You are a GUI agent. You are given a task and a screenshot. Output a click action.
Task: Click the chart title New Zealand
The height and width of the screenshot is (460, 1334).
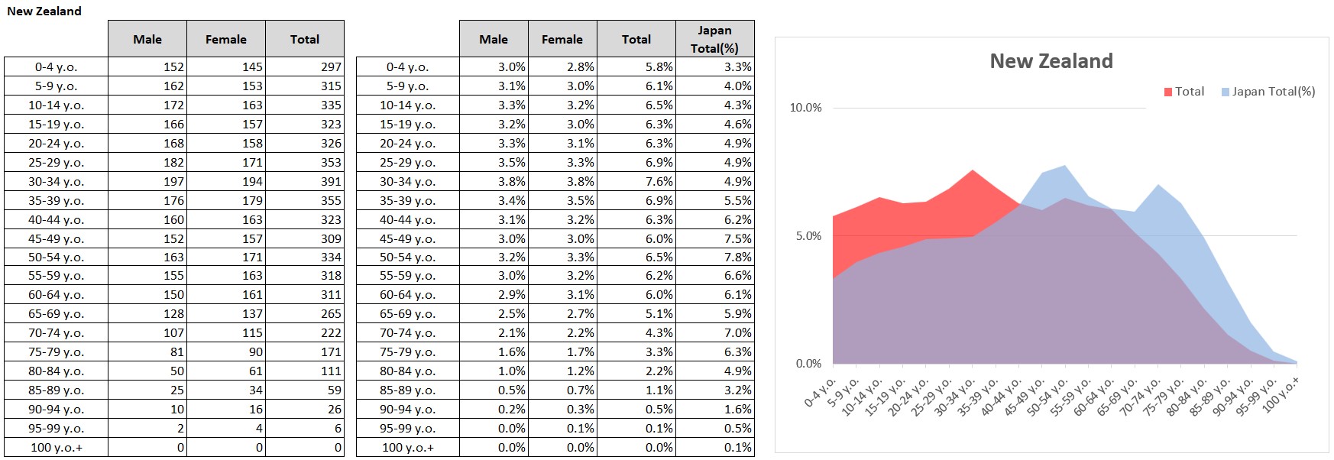click(1051, 61)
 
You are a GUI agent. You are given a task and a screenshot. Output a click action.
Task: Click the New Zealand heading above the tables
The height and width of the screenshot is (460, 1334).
click(44, 11)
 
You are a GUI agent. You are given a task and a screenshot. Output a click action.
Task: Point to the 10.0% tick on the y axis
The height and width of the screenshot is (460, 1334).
click(805, 108)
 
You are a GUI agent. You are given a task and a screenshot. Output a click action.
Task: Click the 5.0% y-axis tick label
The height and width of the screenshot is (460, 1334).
click(808, 236)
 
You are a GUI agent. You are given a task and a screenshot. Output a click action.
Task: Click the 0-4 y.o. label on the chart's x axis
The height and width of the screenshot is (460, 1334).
click(821, 391)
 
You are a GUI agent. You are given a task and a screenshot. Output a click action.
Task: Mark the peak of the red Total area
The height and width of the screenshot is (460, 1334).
click(973, 170)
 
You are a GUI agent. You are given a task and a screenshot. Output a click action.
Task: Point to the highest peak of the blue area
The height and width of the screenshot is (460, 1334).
click(1065, 166)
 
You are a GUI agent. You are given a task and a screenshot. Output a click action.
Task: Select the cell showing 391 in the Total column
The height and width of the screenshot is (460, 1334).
click(305, 181)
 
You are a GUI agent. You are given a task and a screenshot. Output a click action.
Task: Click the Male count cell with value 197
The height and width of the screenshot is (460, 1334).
click(147, 181)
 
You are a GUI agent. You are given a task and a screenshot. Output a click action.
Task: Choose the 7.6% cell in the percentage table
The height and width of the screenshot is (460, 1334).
click(636, 181)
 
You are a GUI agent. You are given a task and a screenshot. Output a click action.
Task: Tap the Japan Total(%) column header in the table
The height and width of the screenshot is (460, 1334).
click(714, 39)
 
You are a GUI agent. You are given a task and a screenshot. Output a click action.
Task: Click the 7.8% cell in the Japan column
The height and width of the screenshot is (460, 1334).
click(715, 257)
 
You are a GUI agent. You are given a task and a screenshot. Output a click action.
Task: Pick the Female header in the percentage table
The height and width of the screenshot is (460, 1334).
click(562, 39)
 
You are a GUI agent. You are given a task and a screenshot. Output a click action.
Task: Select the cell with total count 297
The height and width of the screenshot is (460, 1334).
click(305, 66)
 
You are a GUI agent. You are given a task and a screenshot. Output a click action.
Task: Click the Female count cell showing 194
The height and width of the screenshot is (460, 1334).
click(226, 181)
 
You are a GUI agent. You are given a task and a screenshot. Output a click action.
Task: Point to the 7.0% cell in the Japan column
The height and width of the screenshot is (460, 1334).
click(715, 332)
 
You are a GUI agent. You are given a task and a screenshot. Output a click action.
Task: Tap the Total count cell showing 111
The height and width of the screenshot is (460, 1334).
click(305, 371)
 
